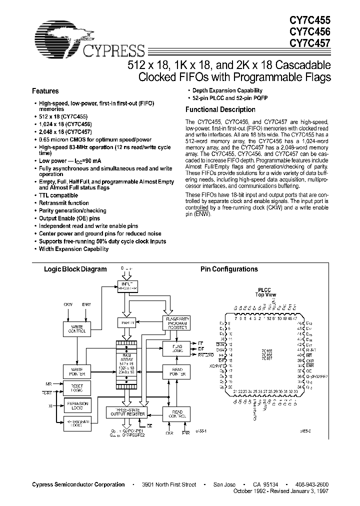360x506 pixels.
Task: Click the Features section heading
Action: [45, 91]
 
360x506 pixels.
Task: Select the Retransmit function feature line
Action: [64, 203]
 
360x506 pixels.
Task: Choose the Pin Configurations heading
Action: [229, 269]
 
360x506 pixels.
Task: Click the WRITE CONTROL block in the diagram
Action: [76, 328]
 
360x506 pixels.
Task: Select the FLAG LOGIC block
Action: [174, 347]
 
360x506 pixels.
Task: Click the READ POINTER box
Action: [174, 371]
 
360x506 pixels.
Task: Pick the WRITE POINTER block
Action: [76, 371]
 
